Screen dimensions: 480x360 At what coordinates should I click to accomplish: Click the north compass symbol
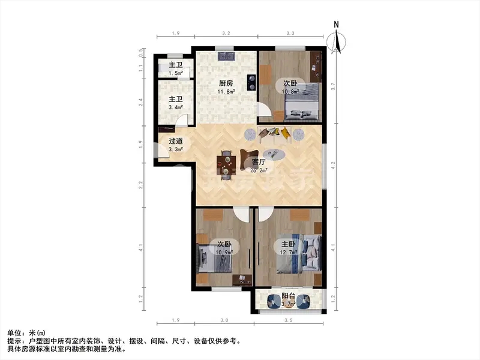coord(336,38)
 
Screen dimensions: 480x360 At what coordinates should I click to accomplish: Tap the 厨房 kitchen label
coord(226,83)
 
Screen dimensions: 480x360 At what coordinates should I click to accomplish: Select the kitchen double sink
coord(227,56)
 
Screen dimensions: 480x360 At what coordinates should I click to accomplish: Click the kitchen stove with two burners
coord(252,83)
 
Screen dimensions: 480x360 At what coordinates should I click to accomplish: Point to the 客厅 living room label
coord(259,161)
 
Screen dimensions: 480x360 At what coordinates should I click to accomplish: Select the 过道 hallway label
coord(176,141)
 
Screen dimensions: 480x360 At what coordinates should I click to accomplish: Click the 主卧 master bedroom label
coord(289,244)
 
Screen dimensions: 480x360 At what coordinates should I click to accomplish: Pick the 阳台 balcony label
coord(289,296)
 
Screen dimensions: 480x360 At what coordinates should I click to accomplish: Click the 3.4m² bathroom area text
coord(176,107)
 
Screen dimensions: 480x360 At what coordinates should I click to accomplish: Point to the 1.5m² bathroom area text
coord(176,73)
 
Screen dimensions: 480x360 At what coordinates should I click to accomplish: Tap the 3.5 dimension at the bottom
coord(289,320)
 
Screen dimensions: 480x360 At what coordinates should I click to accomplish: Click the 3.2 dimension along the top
coord(226,33)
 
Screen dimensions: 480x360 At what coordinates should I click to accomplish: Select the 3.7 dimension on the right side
coord(334,86)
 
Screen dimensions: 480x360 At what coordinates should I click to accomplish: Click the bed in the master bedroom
coord(299,253)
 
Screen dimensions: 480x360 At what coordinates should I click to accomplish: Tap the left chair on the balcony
coord(274,301)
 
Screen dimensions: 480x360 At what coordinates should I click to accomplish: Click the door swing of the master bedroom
coord(266,214)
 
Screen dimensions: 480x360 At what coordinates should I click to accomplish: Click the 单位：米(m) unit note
coord(26,333)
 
